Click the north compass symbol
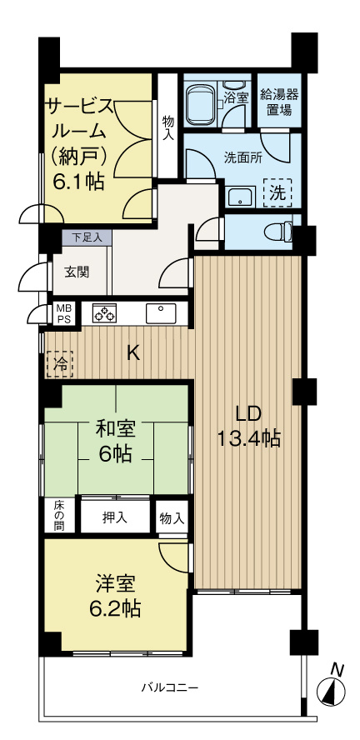(x=332, y=690)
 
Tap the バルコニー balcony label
(x=168, y=688)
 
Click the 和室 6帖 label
(x=116, y=442)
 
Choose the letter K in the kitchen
(x=132, y=352)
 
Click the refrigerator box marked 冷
(x=60, y=363)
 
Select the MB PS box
(x=63, y=312)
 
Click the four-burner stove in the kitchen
(x=104, y=313)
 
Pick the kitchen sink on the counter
(x=160, y=313)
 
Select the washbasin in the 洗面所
(x=240, y=197)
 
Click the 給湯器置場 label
(x=279, y=101)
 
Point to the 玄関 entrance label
(x=77, y=272)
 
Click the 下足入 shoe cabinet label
(x=87, y=237)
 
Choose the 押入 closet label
(x=115, y=517)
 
